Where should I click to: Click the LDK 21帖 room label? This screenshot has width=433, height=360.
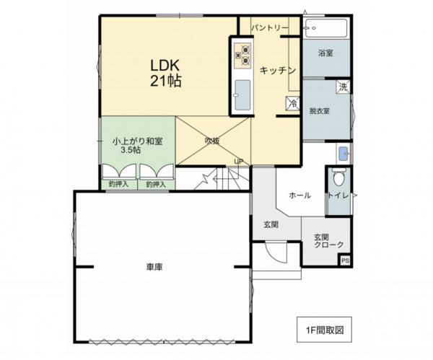[x=165, y=73]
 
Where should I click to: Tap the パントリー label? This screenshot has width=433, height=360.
[x=270, y=27]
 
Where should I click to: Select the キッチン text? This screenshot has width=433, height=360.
[x=278, y=70]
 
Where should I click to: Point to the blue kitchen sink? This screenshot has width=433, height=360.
[x=242, y=93]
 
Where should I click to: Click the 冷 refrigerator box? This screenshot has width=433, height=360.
[x=292, y=104]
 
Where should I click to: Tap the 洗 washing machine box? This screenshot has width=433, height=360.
[x=344, y=87]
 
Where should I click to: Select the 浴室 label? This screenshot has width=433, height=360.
[x=326, y=53]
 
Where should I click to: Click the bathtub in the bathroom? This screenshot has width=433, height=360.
[x=326, y=30]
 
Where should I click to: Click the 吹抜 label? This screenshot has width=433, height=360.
[x=211, y=139]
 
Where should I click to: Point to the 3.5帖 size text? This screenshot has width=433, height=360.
[x=131, y=150]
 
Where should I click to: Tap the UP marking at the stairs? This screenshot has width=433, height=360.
[x=237, y=161]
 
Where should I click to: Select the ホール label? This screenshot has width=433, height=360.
[x=299, y=196]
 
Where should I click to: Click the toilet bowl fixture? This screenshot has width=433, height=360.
[x=338, y=178]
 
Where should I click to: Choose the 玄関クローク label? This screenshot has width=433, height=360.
[x=328, y=241]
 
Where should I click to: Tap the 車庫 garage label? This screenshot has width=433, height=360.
[x=154, y=267]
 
